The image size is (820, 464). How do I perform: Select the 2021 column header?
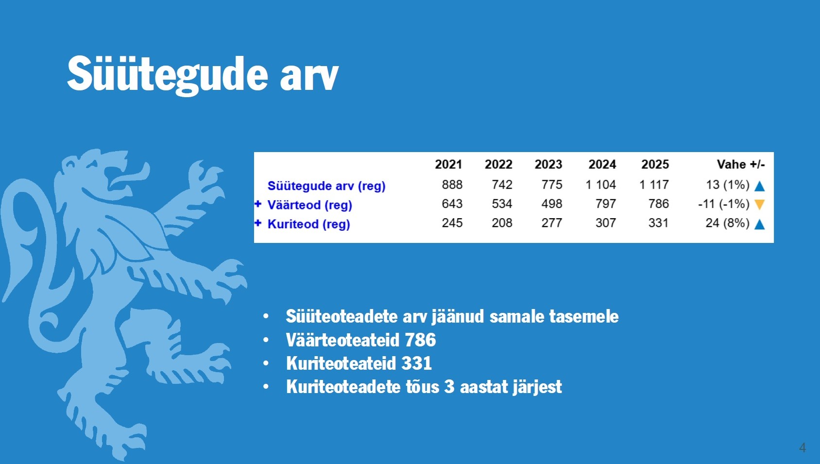click(448, 164)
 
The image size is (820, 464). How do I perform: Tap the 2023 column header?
click(548, 164)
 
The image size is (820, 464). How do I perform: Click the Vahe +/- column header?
click(741, 164)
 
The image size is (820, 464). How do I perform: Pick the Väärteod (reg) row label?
click(310, 205)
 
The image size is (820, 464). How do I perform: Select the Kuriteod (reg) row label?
click(308, 224)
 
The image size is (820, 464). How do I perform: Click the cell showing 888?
click(452, 185)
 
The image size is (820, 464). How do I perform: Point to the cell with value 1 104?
click(601, 185)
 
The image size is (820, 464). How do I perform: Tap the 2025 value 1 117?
click(654, 185)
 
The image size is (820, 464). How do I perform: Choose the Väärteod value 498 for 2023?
click(552, 204)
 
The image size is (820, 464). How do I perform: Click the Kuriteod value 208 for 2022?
click(502, 223)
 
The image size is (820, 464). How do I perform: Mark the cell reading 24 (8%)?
click(728, 223)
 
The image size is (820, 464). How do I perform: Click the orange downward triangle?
click(760, 205)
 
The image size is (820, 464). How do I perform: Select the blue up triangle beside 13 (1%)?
click(760, 186)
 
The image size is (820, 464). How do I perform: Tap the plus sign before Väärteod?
click(258, 204)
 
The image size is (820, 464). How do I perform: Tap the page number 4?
click(803, 447)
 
